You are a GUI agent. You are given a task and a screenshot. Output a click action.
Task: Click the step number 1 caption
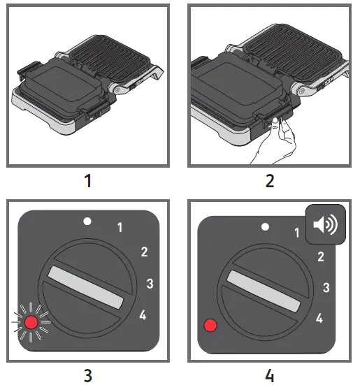pyautogui.click(x=87, y=181)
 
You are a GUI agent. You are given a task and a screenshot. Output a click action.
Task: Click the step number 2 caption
pyautogui.click(x=271, y=181)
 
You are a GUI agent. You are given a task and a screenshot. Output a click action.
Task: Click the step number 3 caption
pyautogui.click(x=87, y=375)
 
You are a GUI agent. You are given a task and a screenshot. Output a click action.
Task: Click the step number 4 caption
pyautogui.click(x=271, y=375)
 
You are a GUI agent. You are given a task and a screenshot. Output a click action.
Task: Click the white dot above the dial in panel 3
pyautogui.click(x=87, y=221)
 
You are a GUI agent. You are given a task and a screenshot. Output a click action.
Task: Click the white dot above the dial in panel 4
pyautogui.click(x=264, y=227)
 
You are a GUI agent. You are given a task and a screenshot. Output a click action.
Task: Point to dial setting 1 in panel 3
pyautogui.click(x=120, y=226)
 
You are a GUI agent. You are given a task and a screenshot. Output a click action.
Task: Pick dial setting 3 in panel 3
pyautogui.click(x=149, y=283)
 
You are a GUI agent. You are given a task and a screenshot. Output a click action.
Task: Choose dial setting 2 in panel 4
pyautogui.click(x=320, y=256)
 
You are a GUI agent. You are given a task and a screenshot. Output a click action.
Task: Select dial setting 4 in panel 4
pyautogui.click(x=319, y=319)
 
